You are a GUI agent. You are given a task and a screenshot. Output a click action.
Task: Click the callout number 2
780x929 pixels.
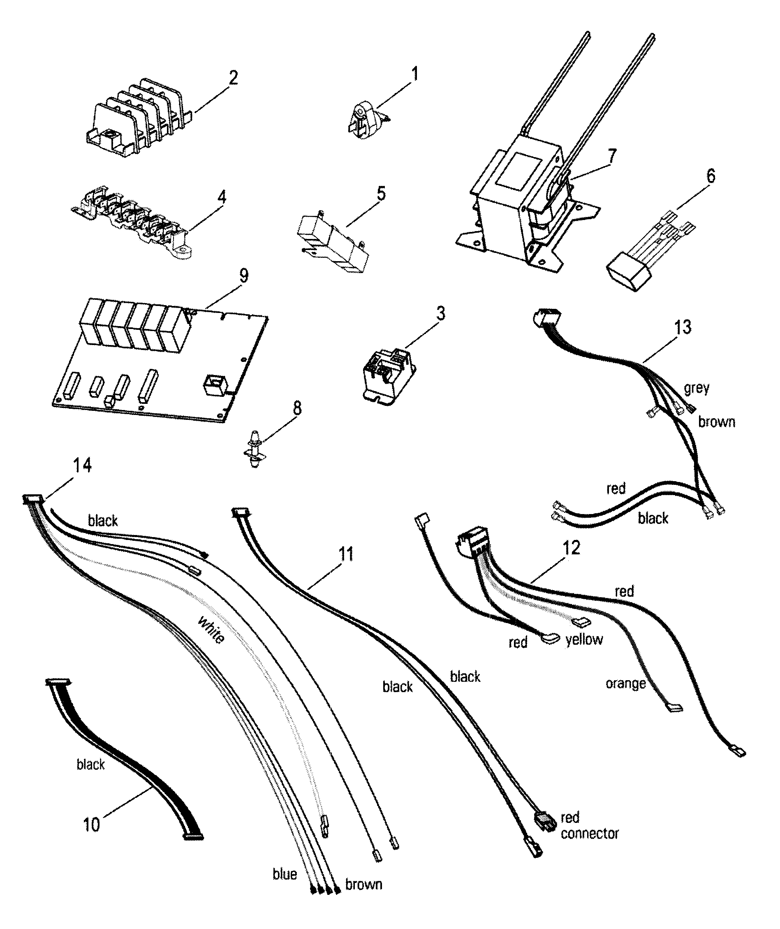[x=233, y=78]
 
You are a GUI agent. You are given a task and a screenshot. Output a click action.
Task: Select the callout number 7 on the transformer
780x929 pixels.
[x=611, y=157]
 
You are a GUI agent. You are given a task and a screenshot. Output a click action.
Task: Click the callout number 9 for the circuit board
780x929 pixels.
[x=243, y=276]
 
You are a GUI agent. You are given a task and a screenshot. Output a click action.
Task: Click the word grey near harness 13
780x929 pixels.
[x=697, y=388]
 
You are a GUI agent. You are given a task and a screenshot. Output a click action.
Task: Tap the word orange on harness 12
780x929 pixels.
[x=625, y=683]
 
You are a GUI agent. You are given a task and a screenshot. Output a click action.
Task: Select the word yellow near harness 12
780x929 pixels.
[x=584, y=639]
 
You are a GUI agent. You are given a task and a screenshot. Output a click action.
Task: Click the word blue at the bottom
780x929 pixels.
[x=284, y=874]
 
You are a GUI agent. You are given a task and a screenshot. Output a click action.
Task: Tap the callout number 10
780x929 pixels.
[x=92, y=825]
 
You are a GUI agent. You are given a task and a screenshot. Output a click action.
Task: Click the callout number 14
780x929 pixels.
[x=82, y=466]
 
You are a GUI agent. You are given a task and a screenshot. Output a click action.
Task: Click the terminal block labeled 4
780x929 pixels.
[x=133, y=220]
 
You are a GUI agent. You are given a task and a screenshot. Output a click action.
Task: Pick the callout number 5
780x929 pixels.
[x=381, y=193]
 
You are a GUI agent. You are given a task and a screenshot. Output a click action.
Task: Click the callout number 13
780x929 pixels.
[x=682, y=327]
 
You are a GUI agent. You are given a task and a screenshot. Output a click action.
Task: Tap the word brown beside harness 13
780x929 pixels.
[x=716, y=422]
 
